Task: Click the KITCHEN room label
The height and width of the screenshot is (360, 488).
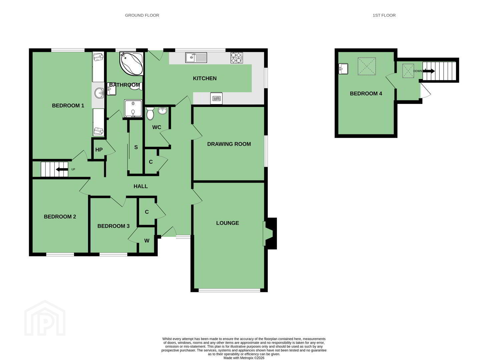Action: pyautogui.click(x=204, y=78)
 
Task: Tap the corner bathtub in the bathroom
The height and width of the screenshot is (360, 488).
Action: pyautogui.click(x=131, y=64)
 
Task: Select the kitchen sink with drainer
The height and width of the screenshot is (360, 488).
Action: pyautogui.click(x=196, y=58)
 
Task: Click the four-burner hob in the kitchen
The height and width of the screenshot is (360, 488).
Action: pyautogui.click(x=237, y=58)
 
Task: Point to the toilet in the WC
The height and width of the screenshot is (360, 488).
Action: pyautogui.click(x=150, y=113)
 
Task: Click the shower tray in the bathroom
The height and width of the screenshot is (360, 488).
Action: pyautogui.click(x=133, y=108)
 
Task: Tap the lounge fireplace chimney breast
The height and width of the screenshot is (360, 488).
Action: pyautogui.click(x=272, y=233)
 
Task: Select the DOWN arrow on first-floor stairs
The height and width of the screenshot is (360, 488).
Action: pyautogui.click(x=429, y=71)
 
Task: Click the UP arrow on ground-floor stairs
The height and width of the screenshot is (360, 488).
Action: pyautogui.click(x=62, y=169)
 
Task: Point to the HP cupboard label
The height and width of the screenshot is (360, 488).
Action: pyautogui.click(x=99, y=150)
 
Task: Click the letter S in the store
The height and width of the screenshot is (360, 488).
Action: pyautogui.click(x=136, y=147)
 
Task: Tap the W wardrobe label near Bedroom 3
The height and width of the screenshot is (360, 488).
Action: pyautogui.click(x=147, y=241)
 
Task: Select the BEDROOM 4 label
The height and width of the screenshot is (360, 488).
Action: pyautogui.click(x=366, y=93)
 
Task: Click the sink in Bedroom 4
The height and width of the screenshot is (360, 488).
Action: pyautogui.click(x=343, y=69)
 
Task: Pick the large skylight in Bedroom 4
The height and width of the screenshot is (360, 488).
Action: pyautogui.click(x=367, y=66)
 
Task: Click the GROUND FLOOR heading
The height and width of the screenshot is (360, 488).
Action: pyautogui.click(x=142, y=15)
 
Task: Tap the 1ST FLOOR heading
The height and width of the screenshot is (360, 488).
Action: pyautogui.click(x=384, y=15)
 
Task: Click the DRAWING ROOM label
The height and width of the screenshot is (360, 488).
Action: pyautogui.click(x=229, y=144)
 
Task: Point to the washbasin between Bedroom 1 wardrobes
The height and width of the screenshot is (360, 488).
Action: pyautogui.click(x=99, y=93)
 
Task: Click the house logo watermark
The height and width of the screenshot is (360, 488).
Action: pyautogui.click(x=45, y=318)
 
